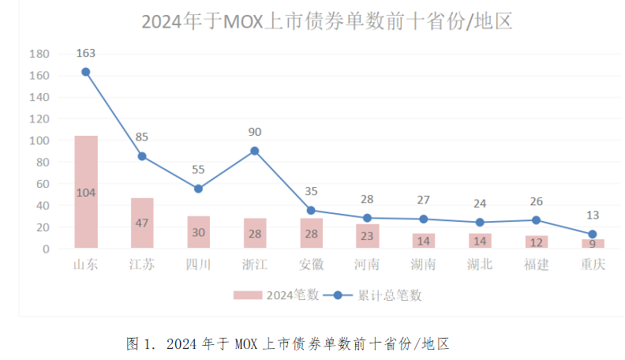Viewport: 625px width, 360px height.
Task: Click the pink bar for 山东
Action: (86, 192)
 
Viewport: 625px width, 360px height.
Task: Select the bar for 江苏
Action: (142, 223)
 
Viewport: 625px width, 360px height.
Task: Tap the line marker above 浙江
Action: (255, 151)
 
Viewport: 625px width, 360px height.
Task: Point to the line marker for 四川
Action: (198, 189)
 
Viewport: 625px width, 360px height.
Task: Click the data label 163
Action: (86, 54)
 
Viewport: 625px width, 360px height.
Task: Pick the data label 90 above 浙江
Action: (254, 132)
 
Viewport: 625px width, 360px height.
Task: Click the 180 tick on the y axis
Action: (39, 54)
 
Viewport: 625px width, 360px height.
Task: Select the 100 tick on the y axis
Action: (39, 141)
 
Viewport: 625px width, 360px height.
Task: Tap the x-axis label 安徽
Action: (311, 264)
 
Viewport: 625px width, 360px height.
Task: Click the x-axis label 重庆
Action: (592, 264)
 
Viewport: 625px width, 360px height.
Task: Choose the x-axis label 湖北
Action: (480, 264)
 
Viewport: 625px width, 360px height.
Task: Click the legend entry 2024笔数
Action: (276, 295)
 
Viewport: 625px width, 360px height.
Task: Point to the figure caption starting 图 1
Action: (287, 343)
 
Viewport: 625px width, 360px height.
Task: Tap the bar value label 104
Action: (86, 193)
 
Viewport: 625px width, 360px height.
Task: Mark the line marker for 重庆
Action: (592, 234)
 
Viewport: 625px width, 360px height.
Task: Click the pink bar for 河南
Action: (367, 236)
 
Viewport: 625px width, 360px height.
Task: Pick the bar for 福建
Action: (536, 242)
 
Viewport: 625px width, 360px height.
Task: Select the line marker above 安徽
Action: (311, 211)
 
